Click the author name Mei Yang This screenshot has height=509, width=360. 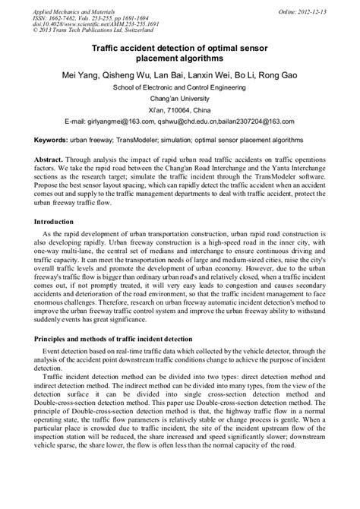(x=91, y=76)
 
